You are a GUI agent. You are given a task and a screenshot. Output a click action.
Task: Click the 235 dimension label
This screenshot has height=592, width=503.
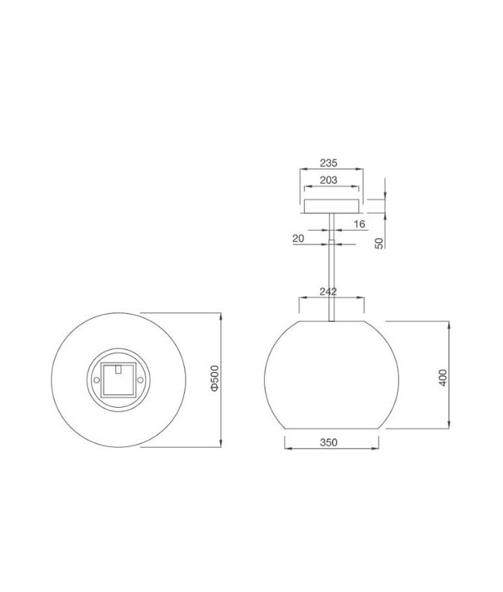[330, 164]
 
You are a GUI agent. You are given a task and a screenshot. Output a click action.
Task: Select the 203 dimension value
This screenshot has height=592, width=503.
[330, 180]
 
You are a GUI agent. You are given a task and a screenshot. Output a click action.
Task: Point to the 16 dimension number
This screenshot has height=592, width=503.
[359, 223]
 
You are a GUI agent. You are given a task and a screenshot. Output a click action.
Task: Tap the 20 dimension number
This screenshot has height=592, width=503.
[298, 238]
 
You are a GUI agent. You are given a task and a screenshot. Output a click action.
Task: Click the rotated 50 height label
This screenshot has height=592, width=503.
[379, 242]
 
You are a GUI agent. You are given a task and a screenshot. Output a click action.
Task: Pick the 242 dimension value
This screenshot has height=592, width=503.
[330, 292]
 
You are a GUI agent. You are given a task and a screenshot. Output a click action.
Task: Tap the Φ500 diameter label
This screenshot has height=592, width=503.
[214, 378]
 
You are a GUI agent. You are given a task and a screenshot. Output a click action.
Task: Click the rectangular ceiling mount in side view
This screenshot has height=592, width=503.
[331, 206]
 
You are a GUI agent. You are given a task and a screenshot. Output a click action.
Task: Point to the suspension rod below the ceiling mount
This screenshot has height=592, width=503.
[331, 274]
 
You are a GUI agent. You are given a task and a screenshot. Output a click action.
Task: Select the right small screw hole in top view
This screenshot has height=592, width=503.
[138, 380]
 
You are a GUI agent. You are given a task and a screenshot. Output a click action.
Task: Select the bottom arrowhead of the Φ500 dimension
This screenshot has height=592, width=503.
[221, 445]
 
